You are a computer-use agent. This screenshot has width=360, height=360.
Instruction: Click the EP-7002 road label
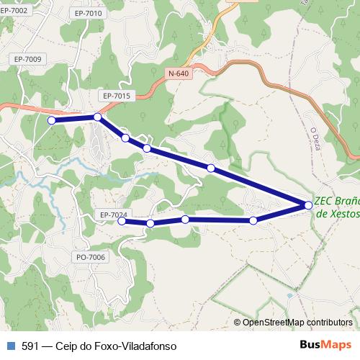point(15,10)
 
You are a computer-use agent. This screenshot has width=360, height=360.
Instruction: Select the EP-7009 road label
point(27,59)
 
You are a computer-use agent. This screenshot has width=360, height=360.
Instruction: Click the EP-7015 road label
point(116,95)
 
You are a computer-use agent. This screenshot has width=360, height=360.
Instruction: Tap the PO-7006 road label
point(90,257)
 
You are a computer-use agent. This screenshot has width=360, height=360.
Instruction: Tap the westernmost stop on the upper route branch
point(51,121)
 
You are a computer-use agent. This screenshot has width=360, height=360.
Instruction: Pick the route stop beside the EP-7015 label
point(97,117)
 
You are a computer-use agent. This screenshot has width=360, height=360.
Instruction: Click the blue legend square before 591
point(10,346)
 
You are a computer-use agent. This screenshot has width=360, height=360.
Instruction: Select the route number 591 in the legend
point(30,346)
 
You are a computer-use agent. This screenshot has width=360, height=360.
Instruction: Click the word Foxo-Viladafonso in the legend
point(131,346)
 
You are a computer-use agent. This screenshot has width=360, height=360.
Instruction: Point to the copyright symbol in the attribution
point(238,322)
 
